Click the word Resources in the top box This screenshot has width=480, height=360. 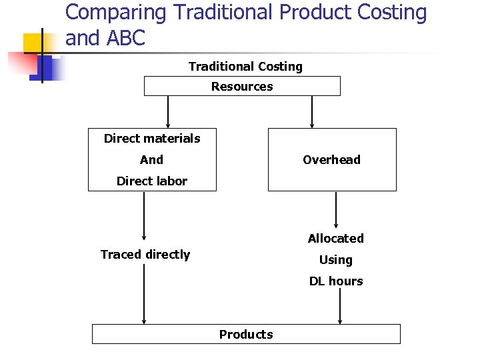tap(242, 86)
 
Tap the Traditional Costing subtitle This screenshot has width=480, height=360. tap(245, 66)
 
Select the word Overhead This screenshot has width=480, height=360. tap(331, 159)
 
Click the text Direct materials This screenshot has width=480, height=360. tap(152, 138)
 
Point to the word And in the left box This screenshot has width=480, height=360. tap(151, 159)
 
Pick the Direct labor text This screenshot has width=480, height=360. tap(152, 181)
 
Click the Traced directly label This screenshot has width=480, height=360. tap(145, 254)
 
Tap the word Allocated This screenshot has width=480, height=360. tap(336, 238)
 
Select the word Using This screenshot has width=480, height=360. tap(336, 259)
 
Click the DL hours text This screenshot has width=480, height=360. tap(336, 281)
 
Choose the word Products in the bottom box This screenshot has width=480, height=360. tap(246, 334)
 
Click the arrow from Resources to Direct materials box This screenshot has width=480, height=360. tap(168, 111)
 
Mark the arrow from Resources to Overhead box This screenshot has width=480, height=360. tap(312, 111)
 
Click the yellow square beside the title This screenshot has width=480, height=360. tap(34, 43)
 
